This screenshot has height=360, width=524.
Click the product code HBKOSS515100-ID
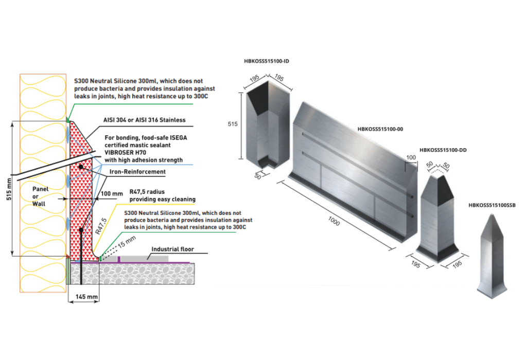266,61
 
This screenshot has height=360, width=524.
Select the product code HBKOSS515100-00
380,129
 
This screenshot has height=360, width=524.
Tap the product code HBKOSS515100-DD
443,150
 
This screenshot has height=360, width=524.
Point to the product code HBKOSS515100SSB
492,205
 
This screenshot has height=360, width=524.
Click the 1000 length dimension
334,221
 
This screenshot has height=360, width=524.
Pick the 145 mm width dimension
86,297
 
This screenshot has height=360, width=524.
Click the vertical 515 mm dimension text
9,189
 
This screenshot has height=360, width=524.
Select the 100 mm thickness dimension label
112,194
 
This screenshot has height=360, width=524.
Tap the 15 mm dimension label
127,241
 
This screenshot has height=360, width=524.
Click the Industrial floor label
173,249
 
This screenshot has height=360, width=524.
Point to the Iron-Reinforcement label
137,172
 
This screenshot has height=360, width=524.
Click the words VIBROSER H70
125,153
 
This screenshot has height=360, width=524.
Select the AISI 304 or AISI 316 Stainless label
144,120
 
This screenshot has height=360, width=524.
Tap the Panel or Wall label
40,196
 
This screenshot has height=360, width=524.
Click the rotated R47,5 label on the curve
101,226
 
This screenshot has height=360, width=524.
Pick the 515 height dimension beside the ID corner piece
233,124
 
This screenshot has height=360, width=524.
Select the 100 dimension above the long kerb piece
411,157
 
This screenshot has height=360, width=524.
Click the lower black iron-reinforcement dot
81,230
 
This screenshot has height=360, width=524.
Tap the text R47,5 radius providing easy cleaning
163,195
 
